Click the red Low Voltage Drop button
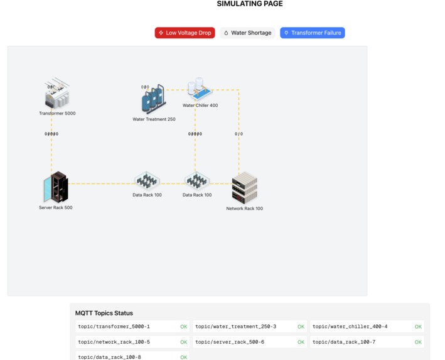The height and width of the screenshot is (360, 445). pos(185,33)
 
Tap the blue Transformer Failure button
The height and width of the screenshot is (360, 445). pos(312,33)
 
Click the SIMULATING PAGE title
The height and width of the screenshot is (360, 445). pos(250,4)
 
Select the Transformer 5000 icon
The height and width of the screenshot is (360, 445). pos(57,94)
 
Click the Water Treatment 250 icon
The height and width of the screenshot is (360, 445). pos(153,99)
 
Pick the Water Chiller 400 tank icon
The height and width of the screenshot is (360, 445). pos(200,90)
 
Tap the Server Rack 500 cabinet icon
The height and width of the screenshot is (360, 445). pos(56,187)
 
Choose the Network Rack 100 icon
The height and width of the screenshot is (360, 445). pos(244,188)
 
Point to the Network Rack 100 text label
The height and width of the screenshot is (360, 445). pos(244,209)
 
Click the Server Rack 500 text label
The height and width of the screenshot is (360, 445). pos(55,207)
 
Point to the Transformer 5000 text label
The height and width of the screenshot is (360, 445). pos(57,114)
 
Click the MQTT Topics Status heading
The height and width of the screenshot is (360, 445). pos(104,313)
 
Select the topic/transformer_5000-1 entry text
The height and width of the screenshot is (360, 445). pos(114,327)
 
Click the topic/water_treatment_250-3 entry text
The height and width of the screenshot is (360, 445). pos(235,327)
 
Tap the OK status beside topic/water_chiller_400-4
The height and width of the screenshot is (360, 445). pos(418,327)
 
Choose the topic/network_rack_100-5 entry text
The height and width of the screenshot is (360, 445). pos(114,342)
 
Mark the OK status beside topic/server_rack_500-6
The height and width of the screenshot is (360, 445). pos(301,342)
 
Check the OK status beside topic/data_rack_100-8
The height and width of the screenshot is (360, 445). pos(183,357)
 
